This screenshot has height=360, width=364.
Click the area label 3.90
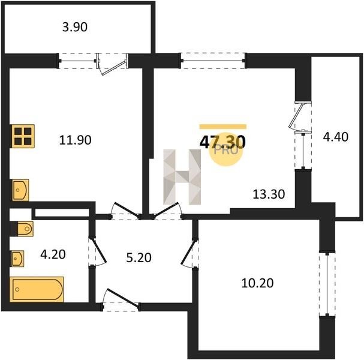(75, 27)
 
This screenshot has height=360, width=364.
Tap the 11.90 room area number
(75, 140)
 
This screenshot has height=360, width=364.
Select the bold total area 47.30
(222, 142)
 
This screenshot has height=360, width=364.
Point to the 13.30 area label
(269, 194)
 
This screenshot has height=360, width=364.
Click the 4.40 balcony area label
(336, 137)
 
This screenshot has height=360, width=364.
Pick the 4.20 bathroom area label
(53, 254)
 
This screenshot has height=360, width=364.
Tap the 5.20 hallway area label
(139, 257)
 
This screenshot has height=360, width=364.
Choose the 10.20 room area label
(257, 283)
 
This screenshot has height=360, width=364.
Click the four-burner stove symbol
(23, 136)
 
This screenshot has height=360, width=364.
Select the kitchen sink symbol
(20, 190)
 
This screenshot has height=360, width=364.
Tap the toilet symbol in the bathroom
(22, 229)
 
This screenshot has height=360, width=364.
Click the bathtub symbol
(37, 289)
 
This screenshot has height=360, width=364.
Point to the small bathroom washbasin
(17, 259)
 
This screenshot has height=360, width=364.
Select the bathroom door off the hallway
(98, 251)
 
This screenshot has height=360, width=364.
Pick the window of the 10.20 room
(327, 284)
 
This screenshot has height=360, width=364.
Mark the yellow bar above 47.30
(223, 127)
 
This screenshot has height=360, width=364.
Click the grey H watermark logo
(182, 177)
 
